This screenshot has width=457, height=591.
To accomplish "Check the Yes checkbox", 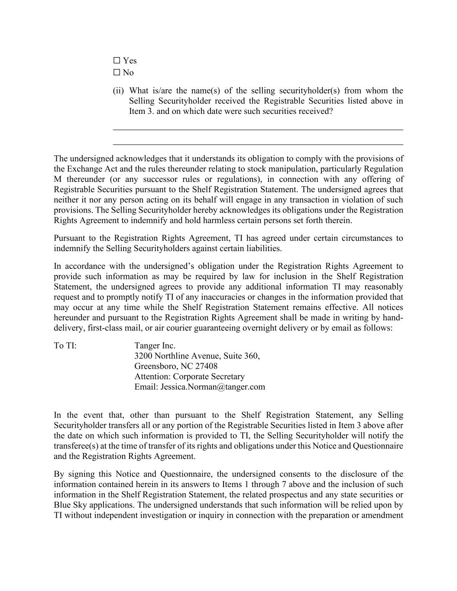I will tap(117, 61).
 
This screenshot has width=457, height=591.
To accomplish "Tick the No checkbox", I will tap(117, 72).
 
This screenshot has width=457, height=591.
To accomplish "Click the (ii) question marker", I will tap(118, 90).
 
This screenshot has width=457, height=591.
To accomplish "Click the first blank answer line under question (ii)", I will tap(258, 129).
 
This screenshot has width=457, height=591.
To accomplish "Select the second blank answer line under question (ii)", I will tap(258, 144).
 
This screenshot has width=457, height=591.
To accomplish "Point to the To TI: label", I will tap(65, 346).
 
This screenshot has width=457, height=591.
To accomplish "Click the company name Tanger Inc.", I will tap(155, 346).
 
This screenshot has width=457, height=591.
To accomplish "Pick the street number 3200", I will tap(143, 356).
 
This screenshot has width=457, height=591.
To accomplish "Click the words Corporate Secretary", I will tap(209, 377).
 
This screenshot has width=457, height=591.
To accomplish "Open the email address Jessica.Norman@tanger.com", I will tap(213, 387).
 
